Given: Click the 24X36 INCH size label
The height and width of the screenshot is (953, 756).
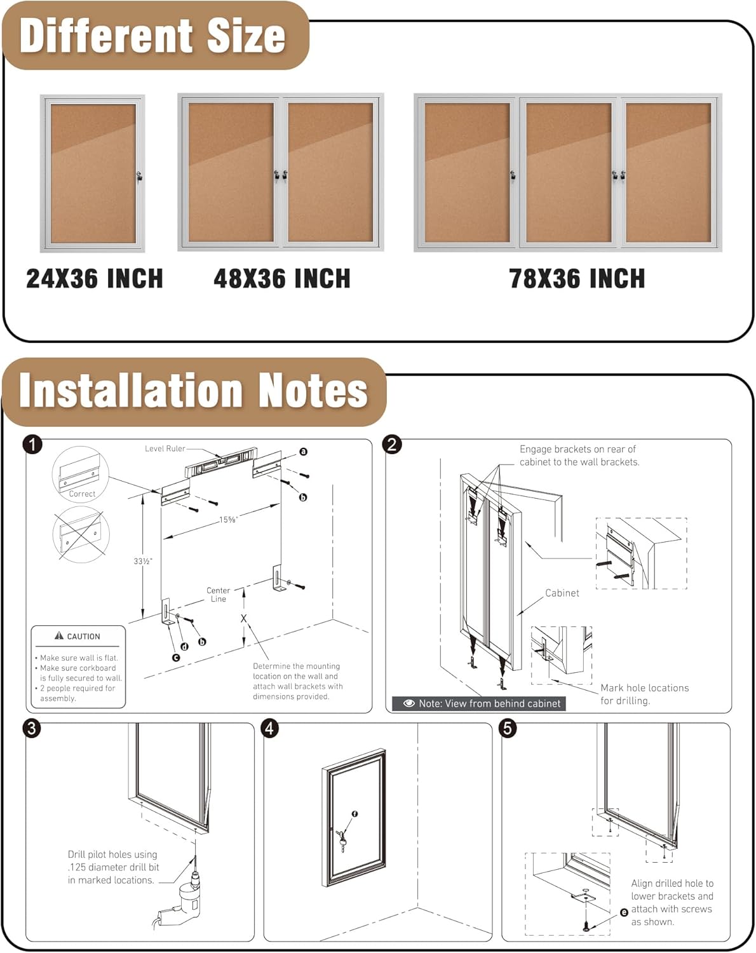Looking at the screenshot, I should click(x=95, y=279).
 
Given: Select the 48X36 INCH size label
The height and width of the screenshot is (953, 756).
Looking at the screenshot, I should click(x=282, y=279).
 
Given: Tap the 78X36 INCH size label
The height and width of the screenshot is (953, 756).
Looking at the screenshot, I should click(x=577, y=279).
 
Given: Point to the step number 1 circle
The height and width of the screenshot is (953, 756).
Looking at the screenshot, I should click(x=32, y=444).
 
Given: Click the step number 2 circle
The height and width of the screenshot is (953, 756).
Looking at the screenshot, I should click(x=392, y=444).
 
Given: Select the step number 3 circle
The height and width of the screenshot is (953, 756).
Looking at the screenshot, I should click(x=32, y=728).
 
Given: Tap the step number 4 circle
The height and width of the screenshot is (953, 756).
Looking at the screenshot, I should click(x=270, y=728).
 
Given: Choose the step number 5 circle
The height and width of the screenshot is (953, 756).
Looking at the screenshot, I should click(x=508, y=728).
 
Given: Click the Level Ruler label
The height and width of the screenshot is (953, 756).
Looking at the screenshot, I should click(x=165, y=449).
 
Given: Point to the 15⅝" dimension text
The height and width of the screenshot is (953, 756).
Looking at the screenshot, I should click(x=228, y=520).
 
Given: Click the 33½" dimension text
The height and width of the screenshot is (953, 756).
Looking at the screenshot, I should click(x=143, y=561).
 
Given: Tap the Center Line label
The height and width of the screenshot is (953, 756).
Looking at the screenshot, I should click(x=218, y=595).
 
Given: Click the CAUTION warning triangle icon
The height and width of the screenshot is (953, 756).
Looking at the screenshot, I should click(x=59, y=636).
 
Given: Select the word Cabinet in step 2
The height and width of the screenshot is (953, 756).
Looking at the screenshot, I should click(x=562, y=593).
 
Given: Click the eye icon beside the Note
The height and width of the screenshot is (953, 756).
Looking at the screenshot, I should click(x=409, y=703).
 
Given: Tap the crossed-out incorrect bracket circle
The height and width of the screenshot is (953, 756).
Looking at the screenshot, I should click(x=81, y=534).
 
